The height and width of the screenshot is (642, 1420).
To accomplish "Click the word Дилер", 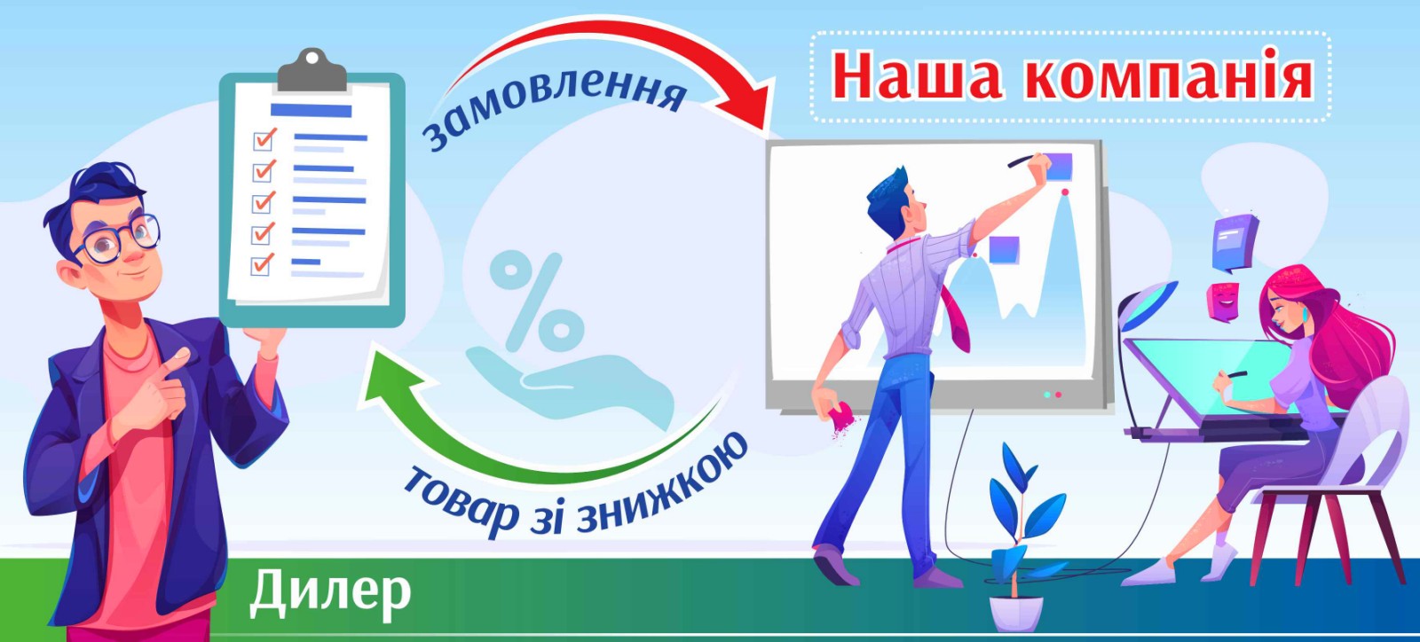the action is [x=330, y=594].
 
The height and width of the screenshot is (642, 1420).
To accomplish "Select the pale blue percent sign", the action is [x=536, y=300].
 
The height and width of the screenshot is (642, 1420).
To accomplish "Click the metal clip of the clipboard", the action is [x=312, y=70].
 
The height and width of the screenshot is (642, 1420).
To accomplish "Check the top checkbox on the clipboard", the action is [x=263, y=140].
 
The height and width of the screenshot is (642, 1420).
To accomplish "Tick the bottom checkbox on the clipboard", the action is [x=262, y=264].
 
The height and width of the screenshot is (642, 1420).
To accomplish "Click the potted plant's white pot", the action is [x=1015, y=614].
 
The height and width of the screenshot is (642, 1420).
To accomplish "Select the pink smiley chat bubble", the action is [x=1223, y=301].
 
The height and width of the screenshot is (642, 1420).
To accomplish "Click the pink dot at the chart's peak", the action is [x=1065, y=192].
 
